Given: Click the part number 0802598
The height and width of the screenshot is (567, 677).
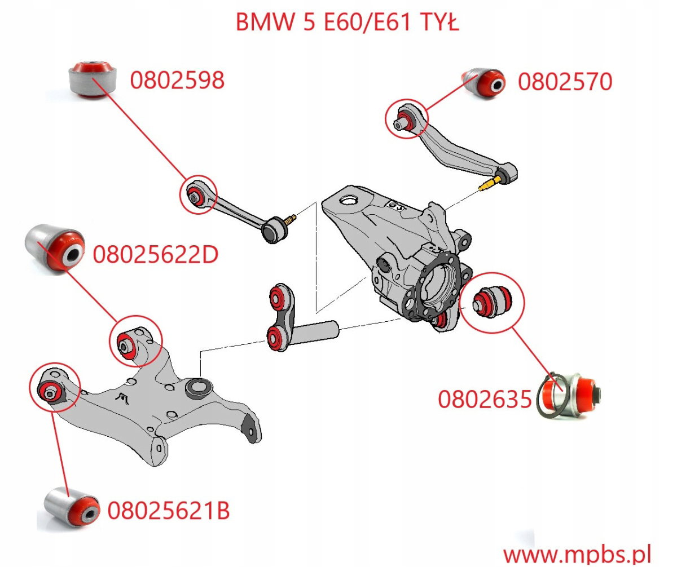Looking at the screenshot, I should [x=177, y=81].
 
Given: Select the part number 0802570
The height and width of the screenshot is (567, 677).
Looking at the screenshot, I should [x=565, y=82].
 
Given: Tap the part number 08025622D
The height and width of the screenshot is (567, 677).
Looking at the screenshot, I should [x=155, y=255].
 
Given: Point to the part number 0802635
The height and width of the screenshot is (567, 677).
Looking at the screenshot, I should [x=485, y=400].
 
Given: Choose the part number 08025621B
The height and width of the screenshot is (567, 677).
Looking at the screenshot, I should [x=168, y=511].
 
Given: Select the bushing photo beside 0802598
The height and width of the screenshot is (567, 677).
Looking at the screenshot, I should [x=92, y=77].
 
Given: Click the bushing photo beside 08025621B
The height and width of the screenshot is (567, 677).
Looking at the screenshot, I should [x=72, y=506].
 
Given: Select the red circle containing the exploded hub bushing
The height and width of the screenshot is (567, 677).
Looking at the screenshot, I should [x=493, y=299].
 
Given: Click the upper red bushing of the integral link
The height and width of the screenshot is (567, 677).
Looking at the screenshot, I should [x=278, y=295].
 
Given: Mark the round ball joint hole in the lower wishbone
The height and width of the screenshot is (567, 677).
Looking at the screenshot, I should [x=199, y=387].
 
